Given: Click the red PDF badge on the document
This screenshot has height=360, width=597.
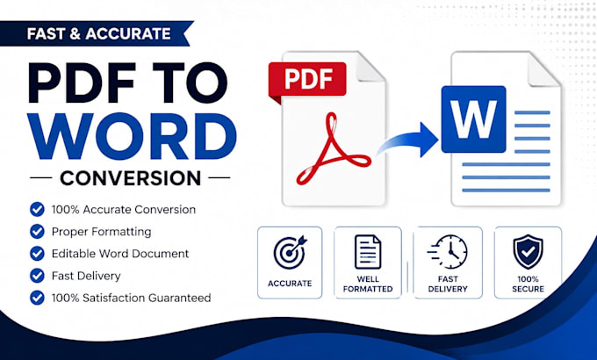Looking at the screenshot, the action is coord(307,80).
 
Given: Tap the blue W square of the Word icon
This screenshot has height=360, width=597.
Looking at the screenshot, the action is coord(473,119).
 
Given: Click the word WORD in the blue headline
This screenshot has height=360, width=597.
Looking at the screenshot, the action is coord(132,136).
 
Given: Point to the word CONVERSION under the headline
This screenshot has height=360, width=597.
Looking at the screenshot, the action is coord(131,178).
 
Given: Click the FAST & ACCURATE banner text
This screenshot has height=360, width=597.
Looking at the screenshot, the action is coord(99,33).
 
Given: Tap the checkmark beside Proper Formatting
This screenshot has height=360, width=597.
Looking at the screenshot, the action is coord(37,231).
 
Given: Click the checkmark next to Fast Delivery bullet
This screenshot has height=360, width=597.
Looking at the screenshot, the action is coord(37,276).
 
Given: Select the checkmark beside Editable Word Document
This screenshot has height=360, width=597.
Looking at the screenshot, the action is coord(37,254).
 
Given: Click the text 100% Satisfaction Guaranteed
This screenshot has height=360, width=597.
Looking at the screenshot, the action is coord(131,298).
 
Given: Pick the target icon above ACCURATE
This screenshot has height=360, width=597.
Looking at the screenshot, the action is coord(290,252).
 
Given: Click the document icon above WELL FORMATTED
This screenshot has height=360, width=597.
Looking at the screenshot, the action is coord(368,252).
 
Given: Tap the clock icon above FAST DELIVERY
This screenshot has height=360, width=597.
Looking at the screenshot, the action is coord(448,252).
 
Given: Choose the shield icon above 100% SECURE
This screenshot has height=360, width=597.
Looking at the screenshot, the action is coord(528,252).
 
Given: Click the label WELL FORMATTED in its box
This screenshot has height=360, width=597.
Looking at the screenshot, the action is coord(368,284).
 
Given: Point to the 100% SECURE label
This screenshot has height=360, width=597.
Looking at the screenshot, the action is coord(529,284).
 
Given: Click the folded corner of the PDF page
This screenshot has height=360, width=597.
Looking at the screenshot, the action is coord(370,67).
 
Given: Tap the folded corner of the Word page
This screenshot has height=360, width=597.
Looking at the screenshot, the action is coord(543,69).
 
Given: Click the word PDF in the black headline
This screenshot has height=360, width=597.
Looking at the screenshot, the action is coord(82,83).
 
